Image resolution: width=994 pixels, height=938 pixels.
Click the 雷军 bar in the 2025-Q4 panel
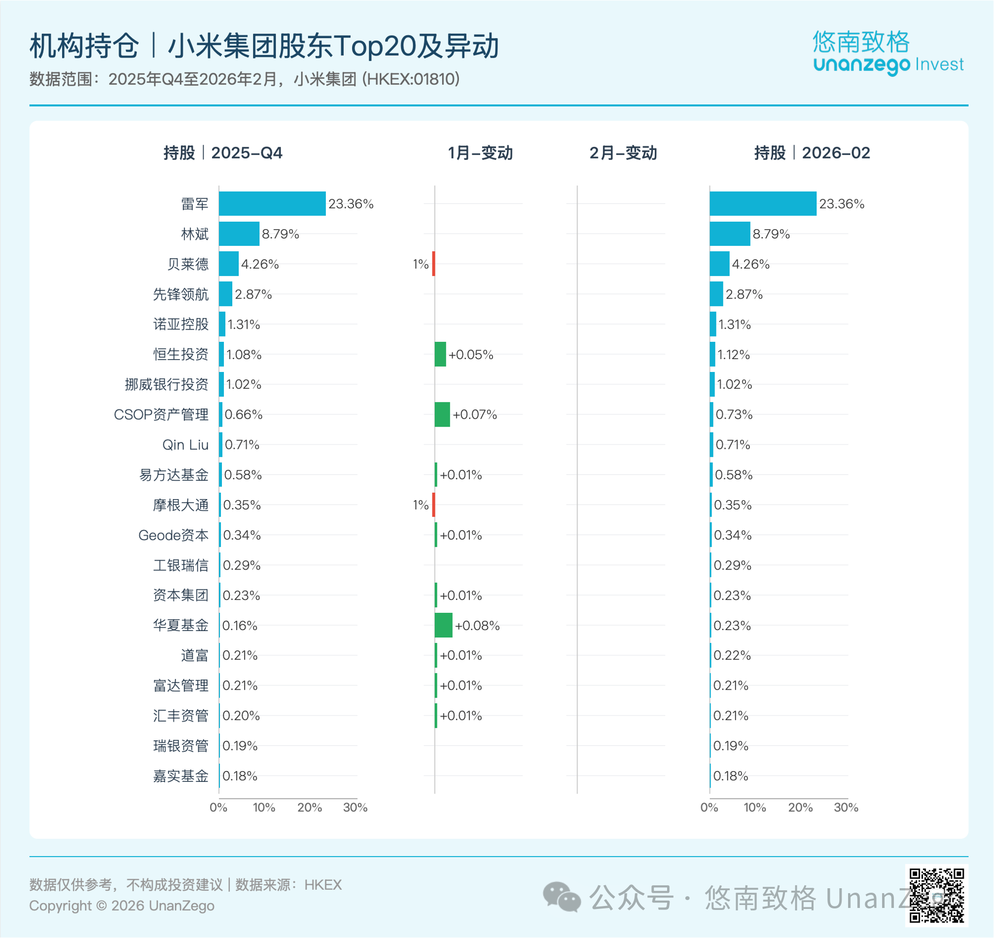tap(272, 203)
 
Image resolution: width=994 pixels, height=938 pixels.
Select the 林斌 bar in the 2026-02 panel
tap(729, 234)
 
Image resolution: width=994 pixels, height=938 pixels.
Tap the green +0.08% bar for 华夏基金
tap(443, 625)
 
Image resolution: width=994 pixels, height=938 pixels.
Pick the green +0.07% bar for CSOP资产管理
tap(442, 414)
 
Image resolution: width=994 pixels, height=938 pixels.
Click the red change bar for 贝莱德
tap(433, 264)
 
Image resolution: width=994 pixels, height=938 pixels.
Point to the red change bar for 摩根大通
tap(433, 504)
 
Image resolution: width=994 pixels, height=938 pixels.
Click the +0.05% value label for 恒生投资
tap(470, 355)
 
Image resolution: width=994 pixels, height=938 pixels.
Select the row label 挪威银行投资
tap(166, 384)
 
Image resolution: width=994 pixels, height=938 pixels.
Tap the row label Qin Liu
tap(185, 444)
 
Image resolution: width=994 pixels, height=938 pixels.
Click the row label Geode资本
tap(173, 535)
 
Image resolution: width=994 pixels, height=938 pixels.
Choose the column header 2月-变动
tap(623, 153)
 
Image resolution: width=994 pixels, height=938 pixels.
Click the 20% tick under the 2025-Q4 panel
tap(309, 807)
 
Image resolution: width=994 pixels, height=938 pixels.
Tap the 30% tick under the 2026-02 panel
tap(846, 807)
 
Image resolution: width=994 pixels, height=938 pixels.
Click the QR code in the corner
tap(936, 895)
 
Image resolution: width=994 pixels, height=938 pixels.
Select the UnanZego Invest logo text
tap(888, 65)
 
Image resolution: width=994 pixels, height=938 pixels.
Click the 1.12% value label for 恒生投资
tap(733, 355)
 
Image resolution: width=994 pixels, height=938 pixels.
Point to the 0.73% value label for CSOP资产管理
tap(734, 414)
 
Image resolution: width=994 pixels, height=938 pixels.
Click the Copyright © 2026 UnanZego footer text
tap(122, 905)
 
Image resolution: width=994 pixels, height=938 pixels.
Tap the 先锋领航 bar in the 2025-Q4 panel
tap(225, 294)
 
